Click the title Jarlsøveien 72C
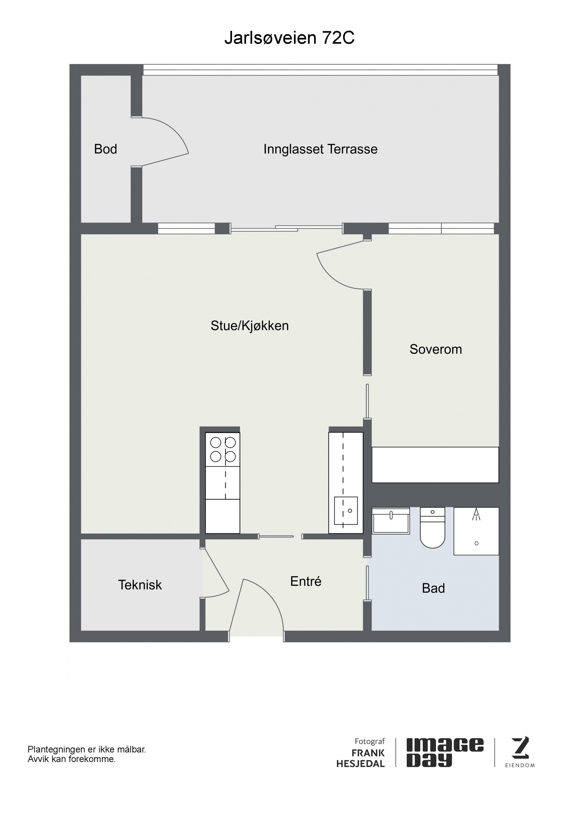click(x=289, y=38)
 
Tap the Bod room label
click(x=105, y=149)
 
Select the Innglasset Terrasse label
click(x=320, y=149)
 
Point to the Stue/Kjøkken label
click(x=250, y=326)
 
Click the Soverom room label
click(x=436, y=349)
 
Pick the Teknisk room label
click(x=140, y=585)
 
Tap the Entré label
click(x=306, y=581)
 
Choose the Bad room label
click(x=433, y=588)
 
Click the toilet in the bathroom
click(x=432, y=533)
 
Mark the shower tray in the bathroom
click(x=476, y=531)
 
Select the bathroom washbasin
click(x=391, y=520)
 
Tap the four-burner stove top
click(x=223, y=449)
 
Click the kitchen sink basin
click(x=346, y=511)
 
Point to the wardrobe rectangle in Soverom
click(x=435, y=465)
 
